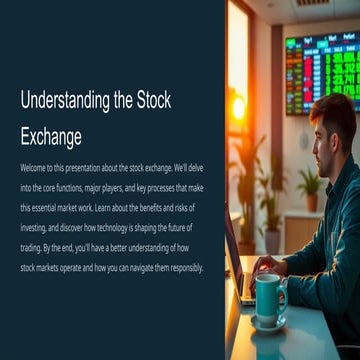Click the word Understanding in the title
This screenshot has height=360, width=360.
[x=63, y=101]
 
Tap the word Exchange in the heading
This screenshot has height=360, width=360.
[x=51, y=135]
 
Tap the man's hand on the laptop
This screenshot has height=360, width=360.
[x=264, y=265]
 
